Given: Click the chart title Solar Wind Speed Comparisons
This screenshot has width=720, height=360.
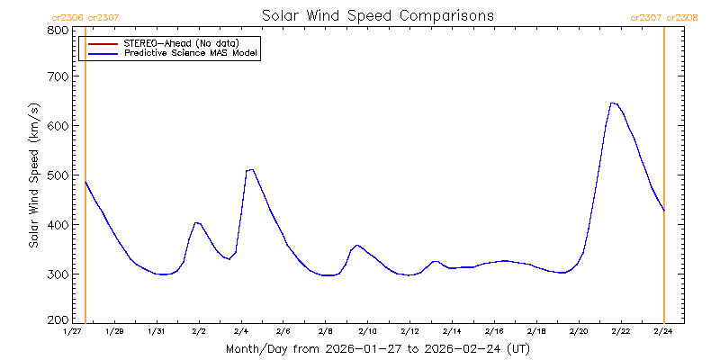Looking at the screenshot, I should (377, 15).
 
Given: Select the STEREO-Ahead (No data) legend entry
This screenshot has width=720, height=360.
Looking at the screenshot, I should (193, 42).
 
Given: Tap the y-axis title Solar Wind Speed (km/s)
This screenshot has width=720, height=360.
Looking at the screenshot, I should (34, 175).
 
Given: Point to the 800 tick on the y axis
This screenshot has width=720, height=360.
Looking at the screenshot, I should (58, 31).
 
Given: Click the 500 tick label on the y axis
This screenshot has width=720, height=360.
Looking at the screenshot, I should (58, 175).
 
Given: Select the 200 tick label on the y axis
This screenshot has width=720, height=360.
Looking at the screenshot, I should (58, 319).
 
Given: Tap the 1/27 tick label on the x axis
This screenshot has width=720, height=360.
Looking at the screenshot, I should (73, 331).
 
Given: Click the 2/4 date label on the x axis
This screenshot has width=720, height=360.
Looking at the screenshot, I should (241, 331).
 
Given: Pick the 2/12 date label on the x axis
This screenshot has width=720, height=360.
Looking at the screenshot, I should (409, 331).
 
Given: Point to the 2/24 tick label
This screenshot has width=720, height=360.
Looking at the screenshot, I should (663, 331).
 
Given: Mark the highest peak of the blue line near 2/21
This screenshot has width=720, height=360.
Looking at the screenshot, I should (612, 103).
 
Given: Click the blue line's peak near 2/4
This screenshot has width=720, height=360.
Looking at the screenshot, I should (251, 169).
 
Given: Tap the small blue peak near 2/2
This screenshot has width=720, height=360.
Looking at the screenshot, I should (196, 222).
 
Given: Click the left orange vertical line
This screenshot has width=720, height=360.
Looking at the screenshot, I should (85, 180).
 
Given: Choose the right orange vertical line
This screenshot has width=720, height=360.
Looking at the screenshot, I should (664, 180).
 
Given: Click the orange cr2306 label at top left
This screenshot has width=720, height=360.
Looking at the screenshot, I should (67, 16).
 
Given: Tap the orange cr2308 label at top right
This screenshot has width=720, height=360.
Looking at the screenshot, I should (682, 16).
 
